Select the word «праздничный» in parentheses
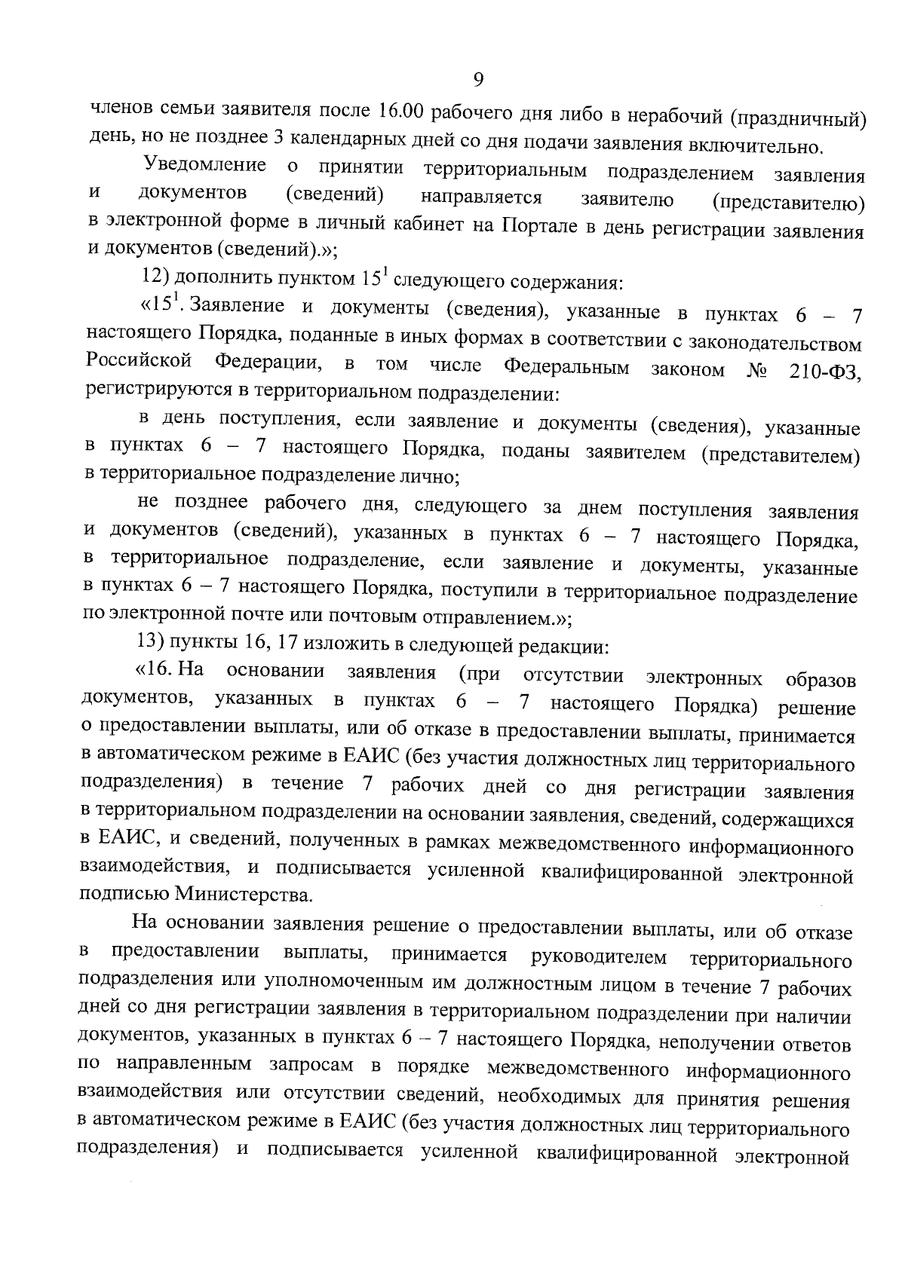coord(799,119)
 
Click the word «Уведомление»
coord(204,165)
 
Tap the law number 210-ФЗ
coord(824,372)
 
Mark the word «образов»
coord(820,681)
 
